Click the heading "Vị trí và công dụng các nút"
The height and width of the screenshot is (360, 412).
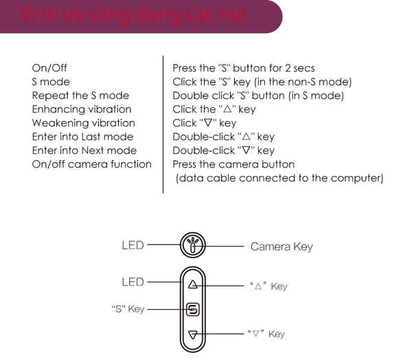click(x=134, y=14)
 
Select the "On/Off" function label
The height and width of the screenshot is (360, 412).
click(x=50, y=68)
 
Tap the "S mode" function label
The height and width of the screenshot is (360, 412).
click(x=51, y=82)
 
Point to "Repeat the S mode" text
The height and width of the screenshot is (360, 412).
click(x=80, y=95)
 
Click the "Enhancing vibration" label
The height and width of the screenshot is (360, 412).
click(x=82, y=109)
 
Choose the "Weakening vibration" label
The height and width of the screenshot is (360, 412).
click(x=83, y=123)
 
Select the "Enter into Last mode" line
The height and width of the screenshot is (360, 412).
click(x=82, y=137)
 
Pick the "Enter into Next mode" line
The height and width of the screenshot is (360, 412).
click(x=84, y=150)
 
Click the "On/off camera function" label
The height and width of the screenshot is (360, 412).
click(x=91, y=164)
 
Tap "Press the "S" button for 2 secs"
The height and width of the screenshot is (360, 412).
click(x=244, y=68)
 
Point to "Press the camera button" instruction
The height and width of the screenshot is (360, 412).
click(x=233, y=164)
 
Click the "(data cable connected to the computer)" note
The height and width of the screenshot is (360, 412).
click(x=279, y=179)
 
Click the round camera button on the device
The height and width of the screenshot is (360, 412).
click(x=193, y=245)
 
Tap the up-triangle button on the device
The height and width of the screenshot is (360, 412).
click(x=193, y=284)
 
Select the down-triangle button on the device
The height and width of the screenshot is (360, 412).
click(x=193, y=335)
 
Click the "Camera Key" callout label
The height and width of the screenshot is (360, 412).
click(x=282, y=246)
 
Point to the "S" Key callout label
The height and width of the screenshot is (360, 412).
click(x=128, y=309)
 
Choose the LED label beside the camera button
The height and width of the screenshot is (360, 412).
click(x=133, y=245)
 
